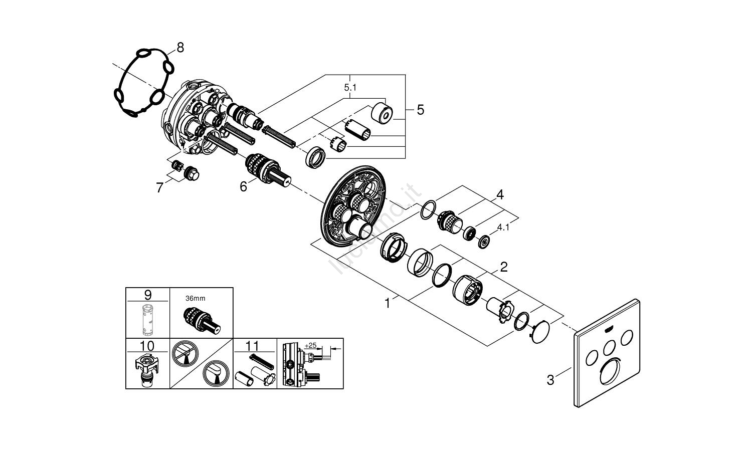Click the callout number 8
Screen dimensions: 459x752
[x=180, y=48]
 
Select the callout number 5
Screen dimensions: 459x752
[x=420, y=109]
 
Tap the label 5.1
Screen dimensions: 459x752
[x=350, y=87]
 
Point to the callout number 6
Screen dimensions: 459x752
[x=243, y=187]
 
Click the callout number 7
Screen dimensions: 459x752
[x=160, y=188]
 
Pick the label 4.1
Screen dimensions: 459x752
[x=503, y=227]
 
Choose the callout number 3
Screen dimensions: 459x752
[x=550, y=380]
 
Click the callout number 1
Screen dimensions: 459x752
[x=387, y=303]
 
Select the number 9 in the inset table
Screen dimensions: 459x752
[x=147, y=295]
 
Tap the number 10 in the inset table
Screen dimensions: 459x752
[x=147, y=346]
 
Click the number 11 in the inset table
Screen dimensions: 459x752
[x=253, y=346]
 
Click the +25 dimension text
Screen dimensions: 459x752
[x=311, y=346]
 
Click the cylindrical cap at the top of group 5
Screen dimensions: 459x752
[x=383, y=114]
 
